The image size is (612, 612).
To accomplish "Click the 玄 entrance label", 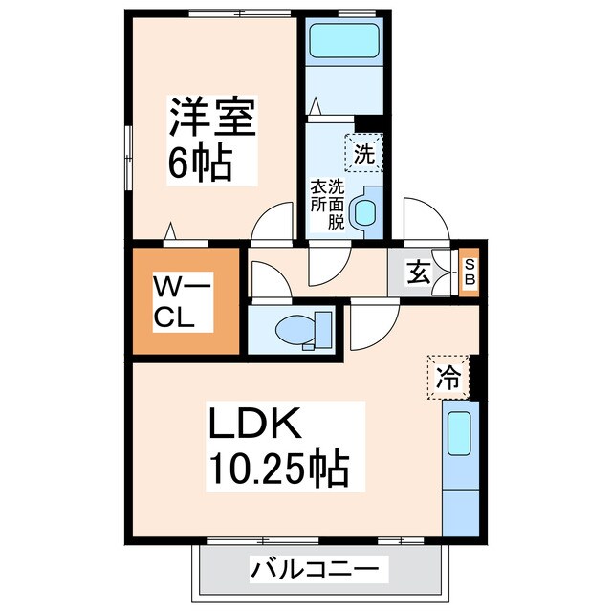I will [x=418, y=273].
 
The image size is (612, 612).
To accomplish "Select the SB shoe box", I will [x=470, y=273].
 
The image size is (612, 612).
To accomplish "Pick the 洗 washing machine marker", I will [x=363, y=151].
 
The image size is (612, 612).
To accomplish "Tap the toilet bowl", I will [x=298, y=331].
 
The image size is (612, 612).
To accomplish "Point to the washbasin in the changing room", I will [x=365, y=212].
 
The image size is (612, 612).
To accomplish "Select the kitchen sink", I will [x=461, y=433].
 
